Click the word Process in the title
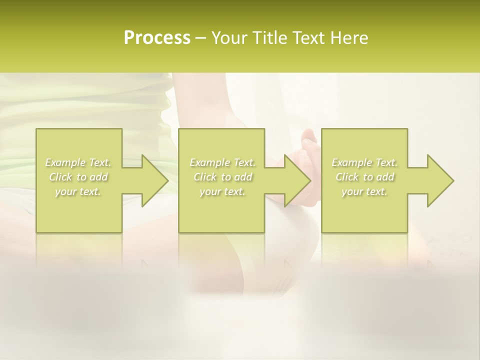coord(157,38)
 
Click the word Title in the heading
coord(266,38)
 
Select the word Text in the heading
coord(308,38)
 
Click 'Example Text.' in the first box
coord(78,162)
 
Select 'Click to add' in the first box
coord(78,177)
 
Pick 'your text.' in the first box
coord(78,191)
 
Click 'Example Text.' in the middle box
coord(222,162)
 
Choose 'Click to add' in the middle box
coord(222,177)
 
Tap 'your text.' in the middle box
coord(222,191)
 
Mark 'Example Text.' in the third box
coord(364,162)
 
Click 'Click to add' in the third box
coord(364,177)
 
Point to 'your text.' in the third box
coord(364,191)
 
